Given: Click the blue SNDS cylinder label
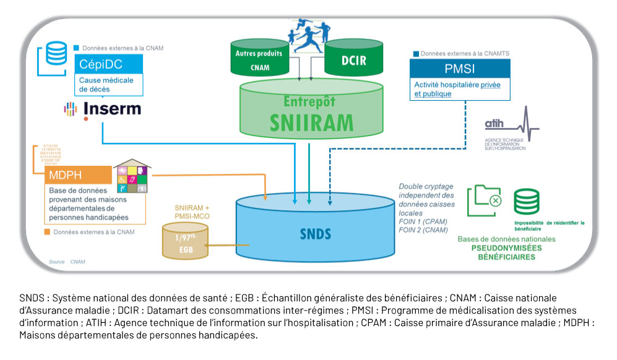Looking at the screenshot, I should pyautogui.click(x=316, y=234).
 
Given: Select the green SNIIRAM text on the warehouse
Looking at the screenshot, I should pyautogui.click(x=311, y=122).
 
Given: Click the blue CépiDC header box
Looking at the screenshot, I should pyautogui.click(x=108, y=64).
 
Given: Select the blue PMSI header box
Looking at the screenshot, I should pyautogui.click(x=459, y=67).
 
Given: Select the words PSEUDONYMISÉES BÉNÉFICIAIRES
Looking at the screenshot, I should pyautogui.click(x=506, y=252).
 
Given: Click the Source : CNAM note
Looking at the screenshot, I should pyautogui.click(x=67, y=262).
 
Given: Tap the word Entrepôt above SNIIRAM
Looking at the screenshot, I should pyautogui.click(x=311, y=100).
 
